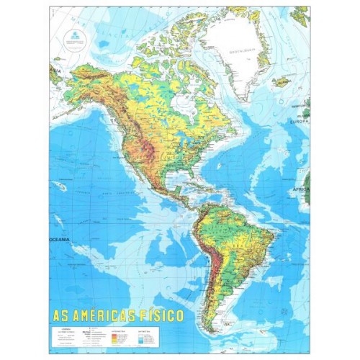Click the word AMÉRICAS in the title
click(x=113, y=315)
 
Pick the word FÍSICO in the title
click(x=165, y=315)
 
